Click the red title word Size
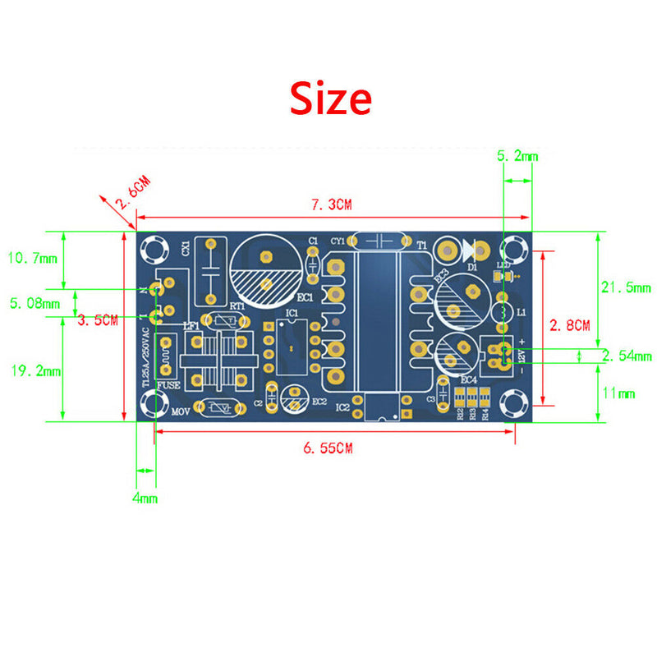tap(330, 99)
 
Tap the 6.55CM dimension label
tap(328, 448)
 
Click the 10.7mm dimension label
tap(33, 259)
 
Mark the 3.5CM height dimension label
tap(98, 320)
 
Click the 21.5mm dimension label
tap(626, 287)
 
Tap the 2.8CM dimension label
tap(570, 325)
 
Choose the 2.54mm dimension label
tap(626, 356)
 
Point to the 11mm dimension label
tap(619, 393)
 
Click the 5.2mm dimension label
tap(518, 155)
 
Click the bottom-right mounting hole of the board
tap(515, 402)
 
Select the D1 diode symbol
tap(471, 248)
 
